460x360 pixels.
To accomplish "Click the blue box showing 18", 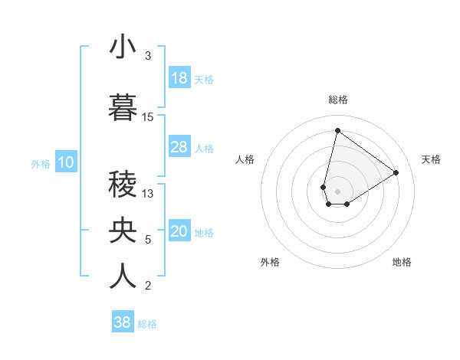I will point(179,79).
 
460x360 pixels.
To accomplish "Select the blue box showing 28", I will point(179,148).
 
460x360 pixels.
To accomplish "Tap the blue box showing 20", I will point(179,232).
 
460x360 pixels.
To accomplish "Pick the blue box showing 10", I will point(65,162).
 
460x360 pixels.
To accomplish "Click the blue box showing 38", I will point(123,323).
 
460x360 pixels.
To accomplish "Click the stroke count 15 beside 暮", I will point(148,117).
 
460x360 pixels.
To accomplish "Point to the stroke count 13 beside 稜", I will point(148,194).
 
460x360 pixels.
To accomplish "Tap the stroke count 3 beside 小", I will point(148,56).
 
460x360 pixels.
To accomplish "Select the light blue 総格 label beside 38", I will point(147,324).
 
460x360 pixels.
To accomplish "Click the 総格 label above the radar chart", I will point(338,100).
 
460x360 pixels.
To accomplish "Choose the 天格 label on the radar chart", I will point(432,159).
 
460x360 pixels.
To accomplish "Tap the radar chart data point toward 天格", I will point(396,173).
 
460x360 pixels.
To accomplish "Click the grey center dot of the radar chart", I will point(337,190).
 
